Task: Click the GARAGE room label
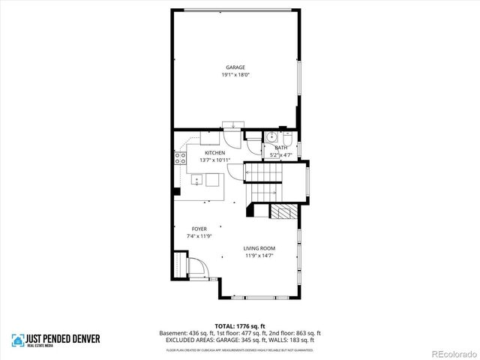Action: (x=235, y=67)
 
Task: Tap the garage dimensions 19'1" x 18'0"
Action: (x=235, y=75)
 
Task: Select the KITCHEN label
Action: (x=215, y=153)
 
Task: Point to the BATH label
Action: (x=281, y=148)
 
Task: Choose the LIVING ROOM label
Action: (x=259, y=248)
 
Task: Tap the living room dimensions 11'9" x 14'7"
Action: (x=259, y=256)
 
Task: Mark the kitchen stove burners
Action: (x=180, y=157)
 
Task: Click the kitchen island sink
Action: (x=196, y=179)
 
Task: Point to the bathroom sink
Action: (x=271, y=137)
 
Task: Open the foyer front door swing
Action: (x=196, y=268)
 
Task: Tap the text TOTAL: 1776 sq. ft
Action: (x=239, y=326)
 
